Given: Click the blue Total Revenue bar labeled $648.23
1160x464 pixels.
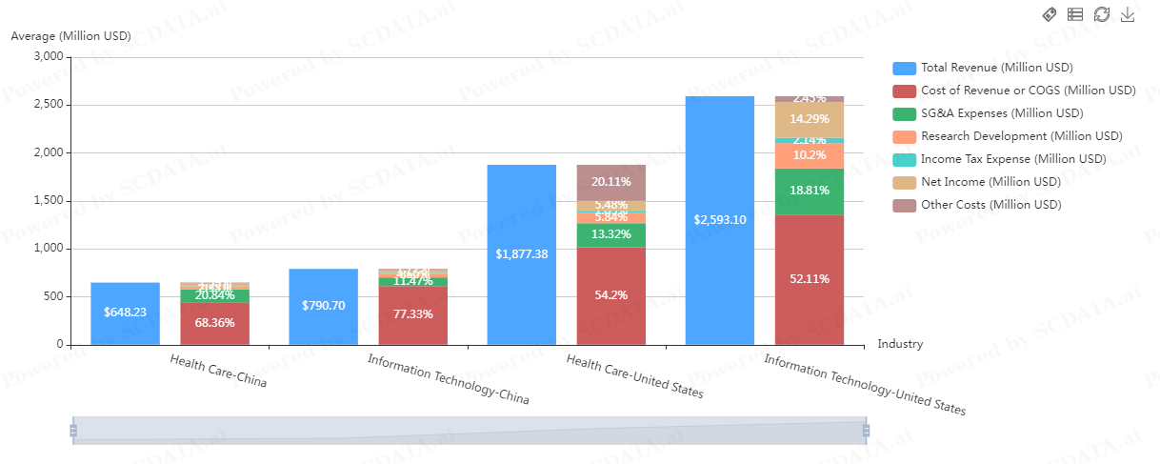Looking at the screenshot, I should click(x=125, y=313).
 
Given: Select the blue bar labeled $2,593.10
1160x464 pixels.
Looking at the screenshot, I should click(x=720, y=220).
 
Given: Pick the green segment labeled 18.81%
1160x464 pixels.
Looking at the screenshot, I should click(x=810, y=192).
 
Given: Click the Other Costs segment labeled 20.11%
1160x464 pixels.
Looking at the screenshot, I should click(x=611, y=182).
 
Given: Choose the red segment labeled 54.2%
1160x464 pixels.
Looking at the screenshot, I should click(x=611, y=295).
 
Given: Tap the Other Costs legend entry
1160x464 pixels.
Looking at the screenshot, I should click(x=990, y=205).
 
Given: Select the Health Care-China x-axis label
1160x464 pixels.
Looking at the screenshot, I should click(x=218, y=371).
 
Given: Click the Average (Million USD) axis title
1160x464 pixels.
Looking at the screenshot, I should click(x=70, y=36).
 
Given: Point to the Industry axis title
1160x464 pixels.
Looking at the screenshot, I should click(x=900, y=344).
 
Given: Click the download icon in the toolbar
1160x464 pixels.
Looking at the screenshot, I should click(x=1128, y=14).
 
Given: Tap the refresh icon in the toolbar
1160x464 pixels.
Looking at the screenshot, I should click(x=1102, y=14).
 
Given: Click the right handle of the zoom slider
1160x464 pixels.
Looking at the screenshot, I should click(x=866, y=431).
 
